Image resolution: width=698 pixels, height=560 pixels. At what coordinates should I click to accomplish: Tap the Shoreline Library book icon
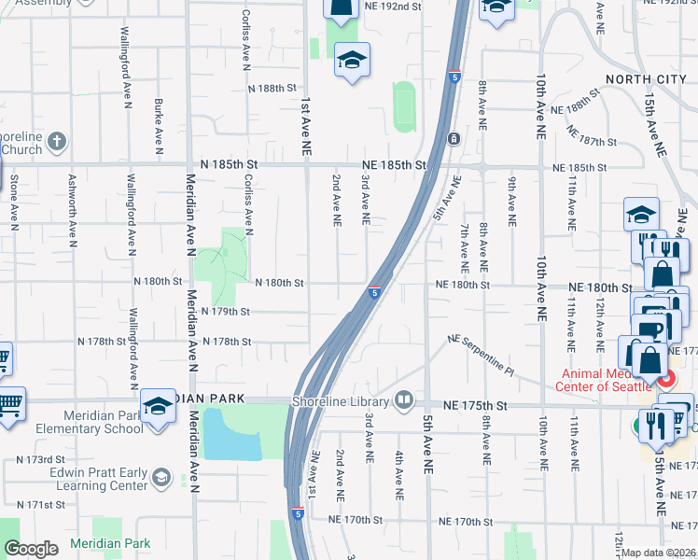click(404, 400)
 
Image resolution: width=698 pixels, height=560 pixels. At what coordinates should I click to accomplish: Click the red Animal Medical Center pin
click(666, 379)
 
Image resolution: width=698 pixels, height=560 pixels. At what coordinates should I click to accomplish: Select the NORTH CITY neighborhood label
click(643, 79)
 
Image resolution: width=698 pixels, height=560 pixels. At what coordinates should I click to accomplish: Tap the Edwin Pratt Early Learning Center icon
click(161, 478)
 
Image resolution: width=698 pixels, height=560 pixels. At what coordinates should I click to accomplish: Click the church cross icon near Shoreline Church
click(56, 142)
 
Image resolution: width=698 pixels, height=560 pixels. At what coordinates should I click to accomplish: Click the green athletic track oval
click(404, 107)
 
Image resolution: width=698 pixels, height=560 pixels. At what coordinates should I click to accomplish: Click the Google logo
click(32, 549)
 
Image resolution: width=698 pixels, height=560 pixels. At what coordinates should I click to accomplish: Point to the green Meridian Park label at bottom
click(110, 543)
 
